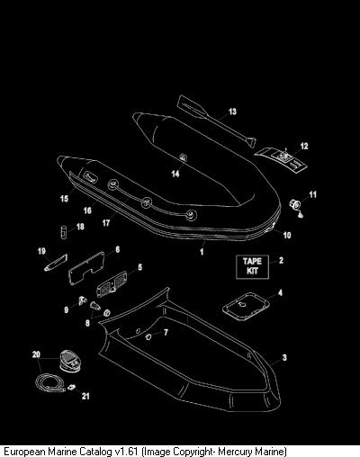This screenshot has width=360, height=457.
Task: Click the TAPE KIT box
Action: [252, 267]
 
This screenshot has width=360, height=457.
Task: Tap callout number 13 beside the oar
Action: [232, 112]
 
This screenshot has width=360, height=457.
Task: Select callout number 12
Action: [304, 146]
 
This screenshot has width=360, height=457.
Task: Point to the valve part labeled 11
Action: [294, 204]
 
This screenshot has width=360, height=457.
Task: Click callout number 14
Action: [175, 174]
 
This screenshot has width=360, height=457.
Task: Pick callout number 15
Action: [65, 199]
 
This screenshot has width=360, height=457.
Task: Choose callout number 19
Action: [41, 251]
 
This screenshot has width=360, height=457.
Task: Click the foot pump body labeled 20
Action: [70, 361]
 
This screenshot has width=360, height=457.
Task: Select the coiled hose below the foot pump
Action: [50, 382]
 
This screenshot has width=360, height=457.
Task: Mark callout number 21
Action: [85, 396]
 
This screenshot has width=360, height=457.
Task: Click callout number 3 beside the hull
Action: [284, 357]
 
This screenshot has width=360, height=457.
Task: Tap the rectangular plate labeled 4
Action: [246, 307]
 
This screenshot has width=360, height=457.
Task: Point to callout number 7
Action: [166, 332]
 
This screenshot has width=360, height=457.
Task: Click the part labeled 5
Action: [112, 283]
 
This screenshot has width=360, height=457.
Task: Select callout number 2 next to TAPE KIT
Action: [281, 260]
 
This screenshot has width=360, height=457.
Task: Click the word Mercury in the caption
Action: [236, 451]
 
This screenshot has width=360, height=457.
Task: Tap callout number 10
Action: [287, 235]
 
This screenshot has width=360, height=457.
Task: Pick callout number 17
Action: [106, 223]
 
